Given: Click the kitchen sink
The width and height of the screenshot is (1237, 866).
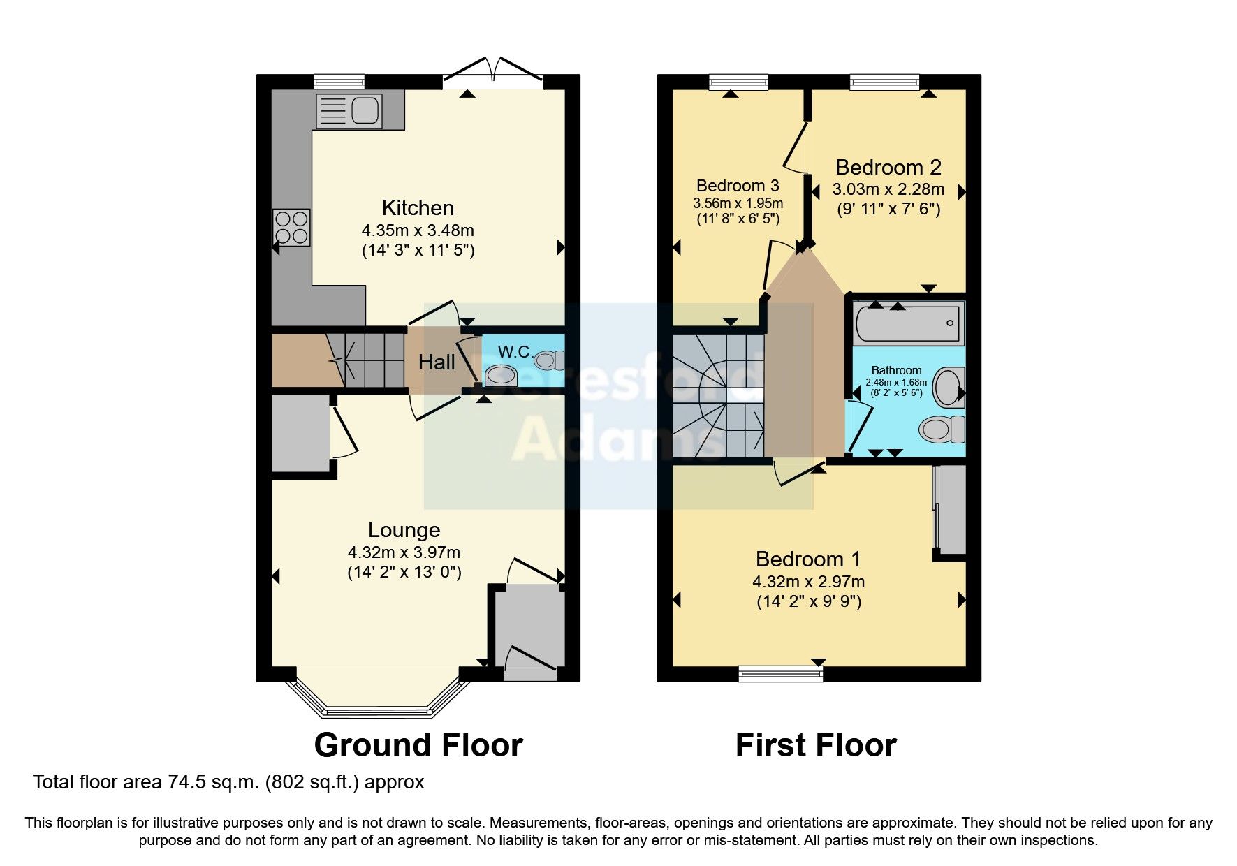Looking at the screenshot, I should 349,111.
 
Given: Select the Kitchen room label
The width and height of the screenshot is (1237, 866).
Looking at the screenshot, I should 418,208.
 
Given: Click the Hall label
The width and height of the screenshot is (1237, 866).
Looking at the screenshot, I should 437,362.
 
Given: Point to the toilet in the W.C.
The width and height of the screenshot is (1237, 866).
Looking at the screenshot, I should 549,360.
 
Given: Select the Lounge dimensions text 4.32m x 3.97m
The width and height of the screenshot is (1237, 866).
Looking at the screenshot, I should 404,552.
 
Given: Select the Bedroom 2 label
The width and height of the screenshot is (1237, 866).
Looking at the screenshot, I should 888,168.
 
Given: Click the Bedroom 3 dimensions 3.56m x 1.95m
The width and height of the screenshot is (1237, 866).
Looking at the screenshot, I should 738,203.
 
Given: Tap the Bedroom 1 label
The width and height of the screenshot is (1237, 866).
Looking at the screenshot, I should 807,559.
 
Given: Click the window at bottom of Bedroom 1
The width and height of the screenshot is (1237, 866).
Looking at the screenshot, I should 781,673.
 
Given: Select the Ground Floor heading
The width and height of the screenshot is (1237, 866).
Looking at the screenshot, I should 418,745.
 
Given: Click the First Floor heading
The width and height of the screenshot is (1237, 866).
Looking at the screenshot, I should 815,745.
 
